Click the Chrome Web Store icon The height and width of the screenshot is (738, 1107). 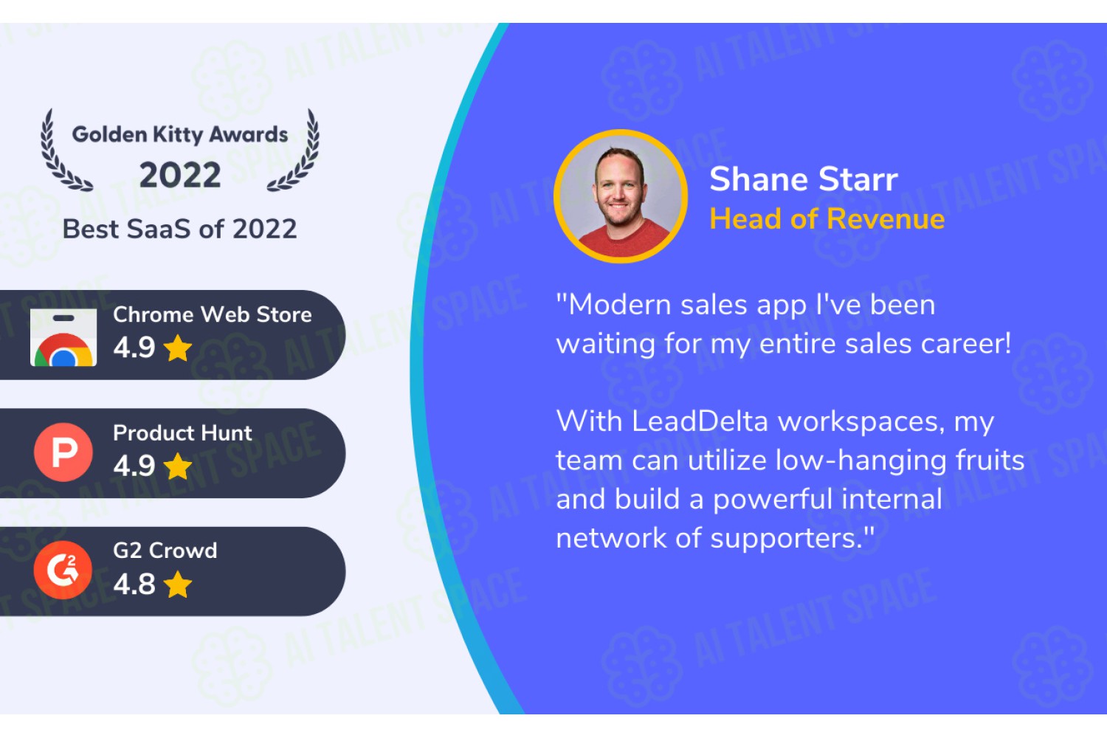pos(63,337)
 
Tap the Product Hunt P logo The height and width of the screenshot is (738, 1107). pos(63,452)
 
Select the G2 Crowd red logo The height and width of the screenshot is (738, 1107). pos(63,570)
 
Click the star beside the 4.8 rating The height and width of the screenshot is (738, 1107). pos(177,584)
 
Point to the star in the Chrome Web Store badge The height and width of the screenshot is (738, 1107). pos(177,348)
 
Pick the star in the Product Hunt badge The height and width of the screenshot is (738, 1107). pos(177,466)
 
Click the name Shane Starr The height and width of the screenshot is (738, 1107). pos(804,179)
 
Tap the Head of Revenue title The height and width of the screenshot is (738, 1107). pos(827,218)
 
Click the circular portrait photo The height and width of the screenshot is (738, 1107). pos(621,196)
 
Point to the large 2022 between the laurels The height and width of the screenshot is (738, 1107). pos(180,175)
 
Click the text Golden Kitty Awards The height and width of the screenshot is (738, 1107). pos(180,134)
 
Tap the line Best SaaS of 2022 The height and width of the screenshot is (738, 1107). pos(180,229)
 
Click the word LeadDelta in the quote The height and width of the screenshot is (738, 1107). pos(700,421)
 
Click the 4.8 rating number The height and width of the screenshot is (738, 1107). pos(134,584)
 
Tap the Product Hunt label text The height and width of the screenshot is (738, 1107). pos(182,433)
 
